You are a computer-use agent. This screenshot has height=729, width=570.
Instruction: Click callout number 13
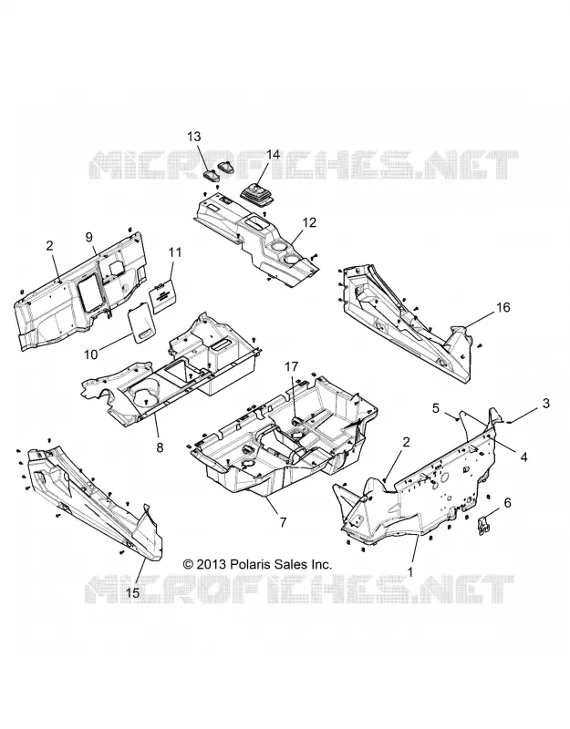coord(194,137)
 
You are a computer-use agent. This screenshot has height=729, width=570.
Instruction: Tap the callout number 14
coord(273,154)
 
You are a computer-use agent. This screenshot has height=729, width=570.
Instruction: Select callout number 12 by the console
coord(309,222)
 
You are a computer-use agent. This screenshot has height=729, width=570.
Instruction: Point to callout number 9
coord(89,237)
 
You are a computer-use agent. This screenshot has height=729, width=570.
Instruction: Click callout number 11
coord(175,252)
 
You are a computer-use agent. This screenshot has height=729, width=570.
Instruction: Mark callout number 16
coord(503,307)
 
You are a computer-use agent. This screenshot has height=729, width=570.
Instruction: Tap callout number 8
coord(161,447)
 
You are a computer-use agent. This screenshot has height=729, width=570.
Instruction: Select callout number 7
coord(283,522)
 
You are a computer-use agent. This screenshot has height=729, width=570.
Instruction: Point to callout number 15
coord(132,593)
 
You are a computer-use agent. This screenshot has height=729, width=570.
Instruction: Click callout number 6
coord(507,503)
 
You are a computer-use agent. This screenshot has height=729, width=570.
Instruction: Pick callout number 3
coord(546,403)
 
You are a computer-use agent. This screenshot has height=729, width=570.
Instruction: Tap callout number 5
coord(436,408)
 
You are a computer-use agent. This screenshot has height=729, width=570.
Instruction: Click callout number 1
coord(410,572)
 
